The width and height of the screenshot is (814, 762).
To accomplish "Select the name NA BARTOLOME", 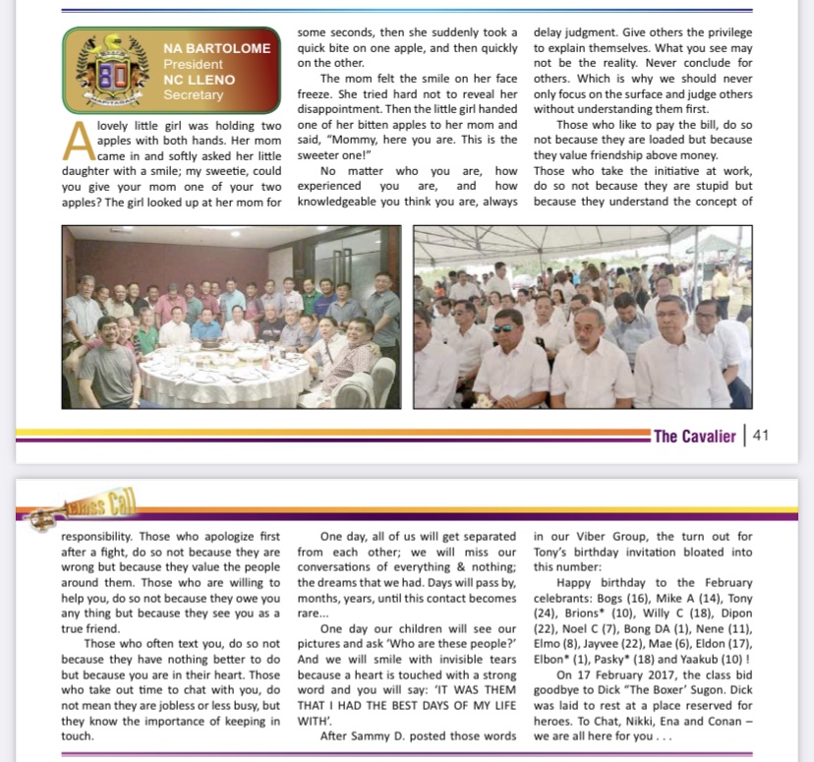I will coord(216,48).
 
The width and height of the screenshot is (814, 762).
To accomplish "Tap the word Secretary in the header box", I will coord(193,95).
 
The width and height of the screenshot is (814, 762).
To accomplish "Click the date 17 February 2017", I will coord(640,675).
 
